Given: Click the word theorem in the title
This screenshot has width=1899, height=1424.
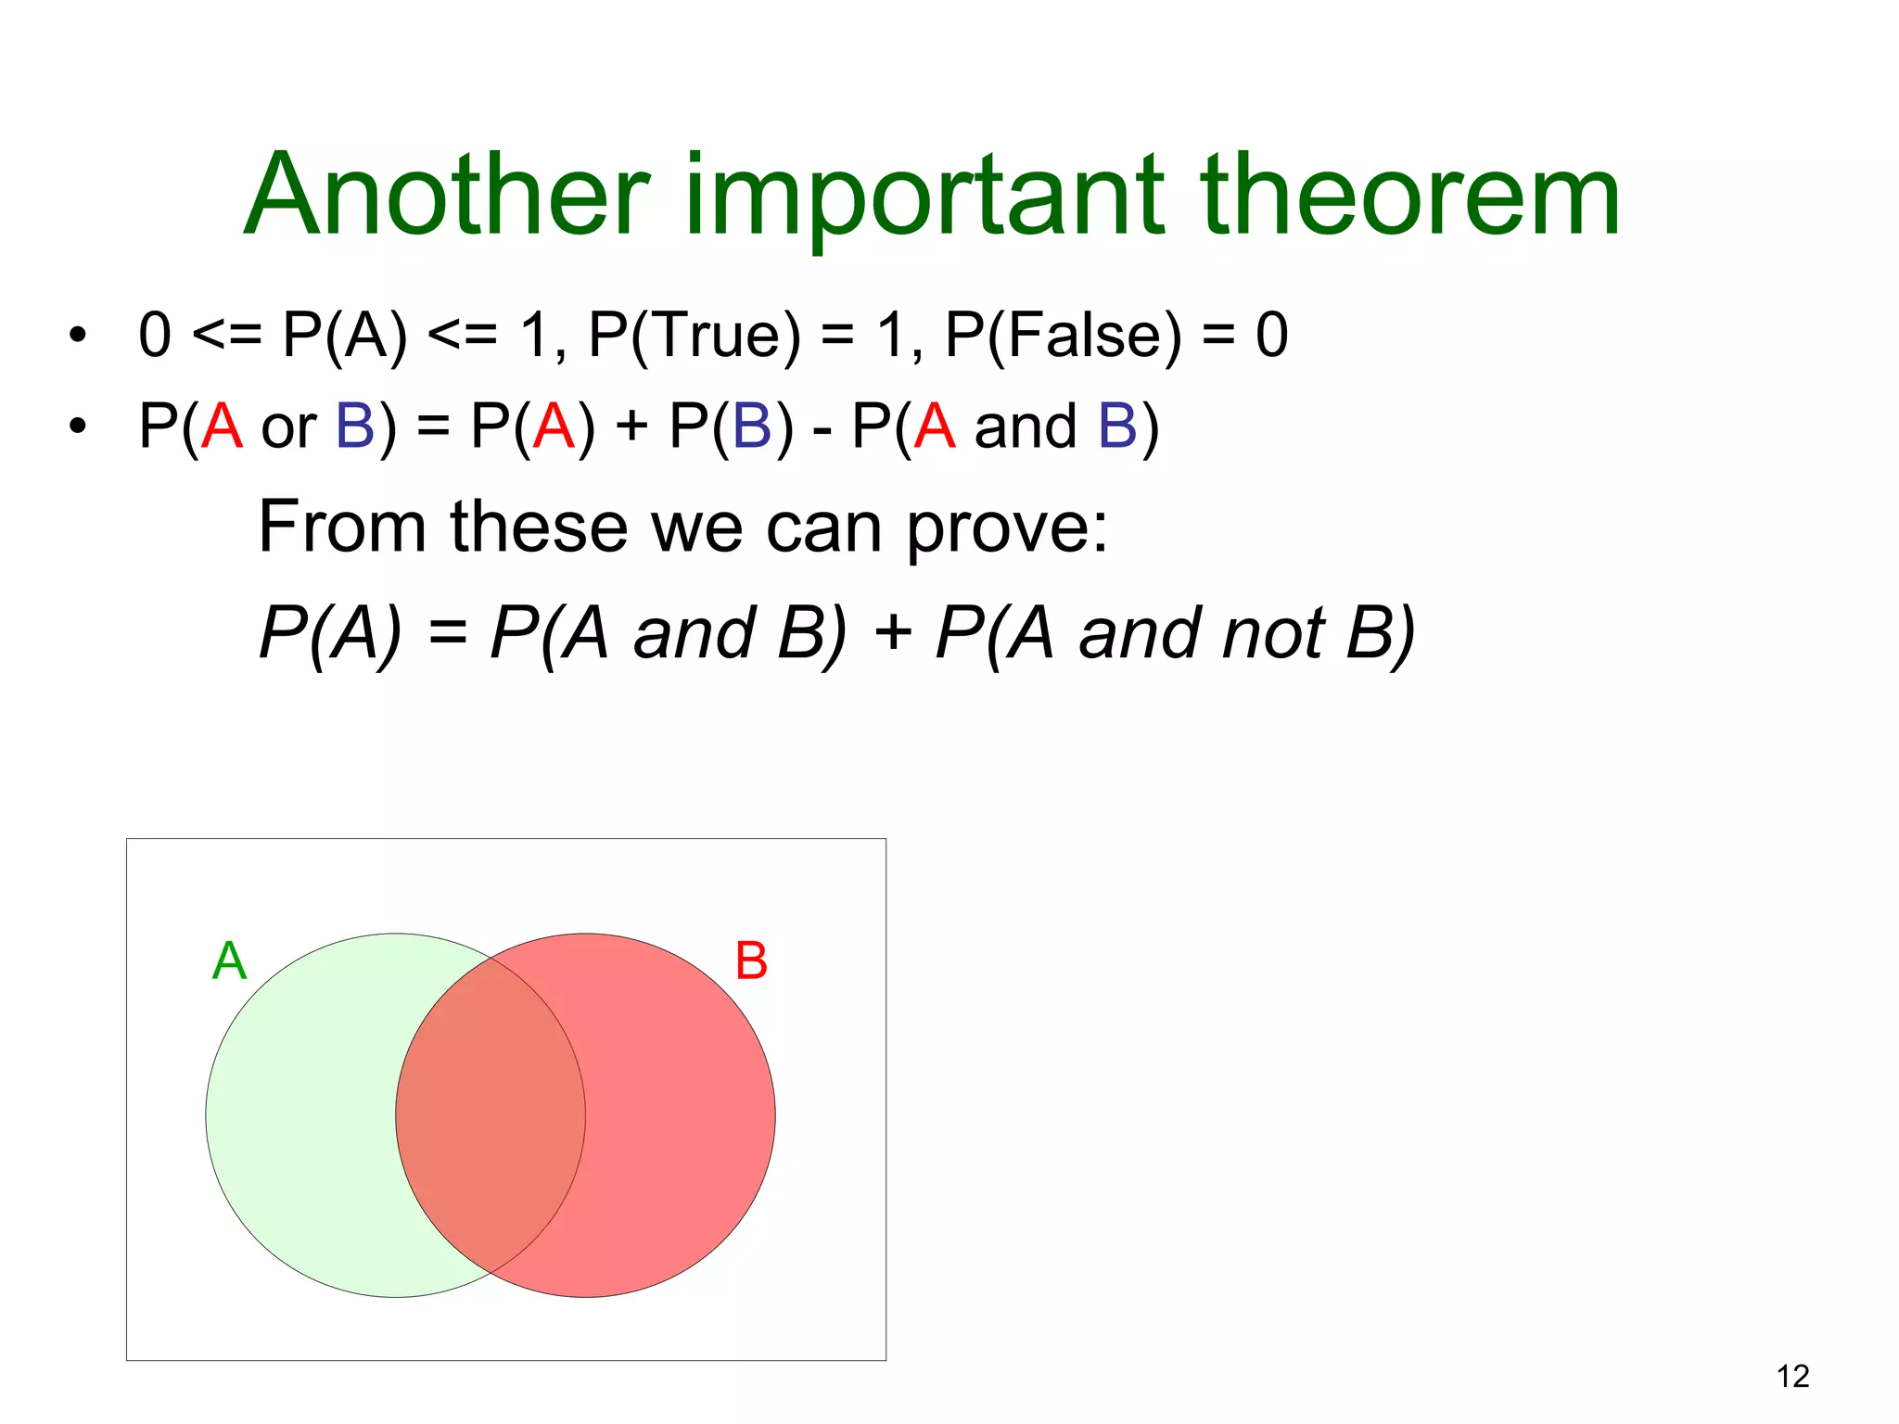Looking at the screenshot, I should (1409, 197).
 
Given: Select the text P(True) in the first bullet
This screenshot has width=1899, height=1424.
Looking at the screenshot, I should (695, 336).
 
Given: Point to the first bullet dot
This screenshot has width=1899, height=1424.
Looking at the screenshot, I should (77, 336).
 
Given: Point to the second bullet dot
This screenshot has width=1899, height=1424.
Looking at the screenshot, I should (77, 426).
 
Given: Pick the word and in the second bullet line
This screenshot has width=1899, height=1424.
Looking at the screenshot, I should (1026, 426).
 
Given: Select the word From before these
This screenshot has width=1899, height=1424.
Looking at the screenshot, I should (341, 527).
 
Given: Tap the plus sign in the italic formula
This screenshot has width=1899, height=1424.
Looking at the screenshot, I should (892, 634).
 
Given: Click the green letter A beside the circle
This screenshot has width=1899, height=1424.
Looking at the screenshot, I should (229, 960).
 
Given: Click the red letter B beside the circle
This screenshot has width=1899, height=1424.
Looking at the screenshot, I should (751, 961).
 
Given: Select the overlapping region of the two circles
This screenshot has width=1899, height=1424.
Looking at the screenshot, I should (491, 1115).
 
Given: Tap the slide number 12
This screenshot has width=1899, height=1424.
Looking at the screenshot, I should (1792, 1376).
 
